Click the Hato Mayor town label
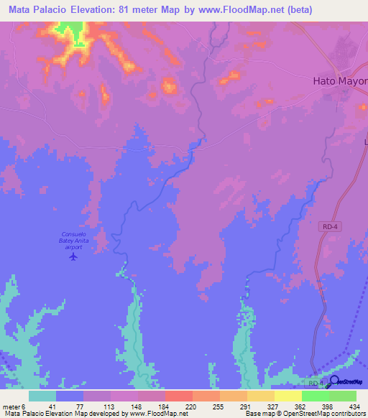(x=340, y=80)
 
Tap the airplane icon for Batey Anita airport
(x=72, y=256)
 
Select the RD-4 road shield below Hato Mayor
(x=327, y=226)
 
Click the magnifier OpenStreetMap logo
(x=334, y=381)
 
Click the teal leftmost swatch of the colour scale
(x=42, y=396)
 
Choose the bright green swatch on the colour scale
(x=315, y=396)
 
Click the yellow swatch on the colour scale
(x=287, y=396)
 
